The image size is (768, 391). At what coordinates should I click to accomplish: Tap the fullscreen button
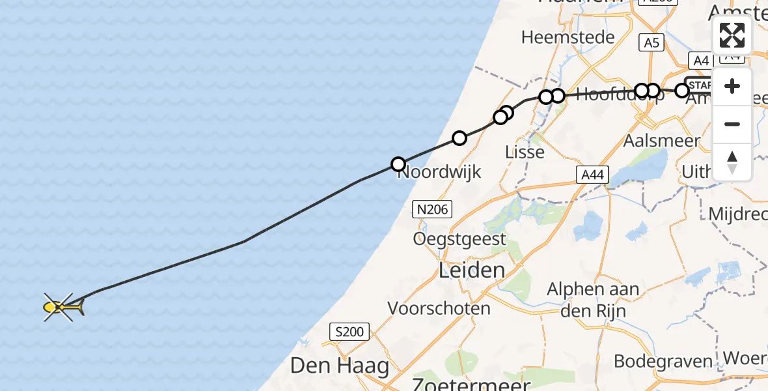(x=732, y=35)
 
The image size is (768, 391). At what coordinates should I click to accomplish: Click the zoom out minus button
(x=732, y=124)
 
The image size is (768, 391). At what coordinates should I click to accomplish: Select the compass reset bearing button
(x=732, y=161)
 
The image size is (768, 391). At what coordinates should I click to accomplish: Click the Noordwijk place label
(x=439, y=173)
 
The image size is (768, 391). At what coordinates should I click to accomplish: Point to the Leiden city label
(x=473, y=270)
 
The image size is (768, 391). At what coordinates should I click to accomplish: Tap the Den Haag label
(x=339, y=366)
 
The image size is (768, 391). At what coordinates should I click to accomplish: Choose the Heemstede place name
(x=568, y=37)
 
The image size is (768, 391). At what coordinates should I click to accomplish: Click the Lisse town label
(x=525, y=152)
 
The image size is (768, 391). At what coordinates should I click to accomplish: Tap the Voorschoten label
(x=439, y=308)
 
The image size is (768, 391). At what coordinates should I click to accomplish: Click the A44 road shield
(x=592, y=174)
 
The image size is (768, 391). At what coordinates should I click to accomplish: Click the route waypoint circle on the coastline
(x=398, y=164)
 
